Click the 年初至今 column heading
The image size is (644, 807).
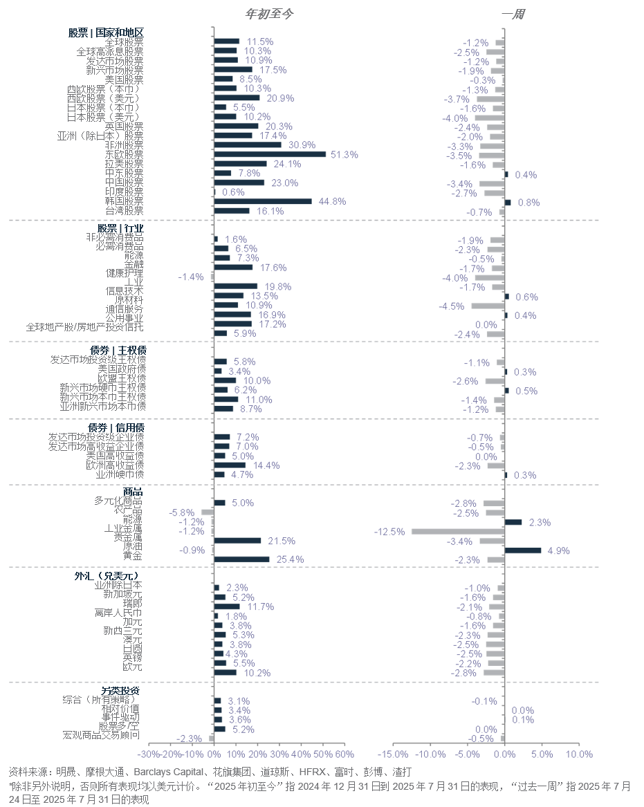(270, 14)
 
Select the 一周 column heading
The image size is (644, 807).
(513, 14)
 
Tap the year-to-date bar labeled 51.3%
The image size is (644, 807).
(270, 154)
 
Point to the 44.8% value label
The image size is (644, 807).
(332, 202)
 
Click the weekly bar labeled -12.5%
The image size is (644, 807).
(458, 532)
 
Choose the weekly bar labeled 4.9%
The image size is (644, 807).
(523, 550)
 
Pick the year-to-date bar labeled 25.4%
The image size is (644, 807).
(241, 559)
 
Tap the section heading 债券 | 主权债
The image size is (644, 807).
(116, 351)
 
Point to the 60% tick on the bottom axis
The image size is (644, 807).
(344, 754)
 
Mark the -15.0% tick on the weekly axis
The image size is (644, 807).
(394, 754)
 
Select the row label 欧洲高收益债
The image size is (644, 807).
(115, 465)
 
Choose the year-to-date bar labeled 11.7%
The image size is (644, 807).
(227, 606)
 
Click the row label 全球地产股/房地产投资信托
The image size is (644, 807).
(84, 327)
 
